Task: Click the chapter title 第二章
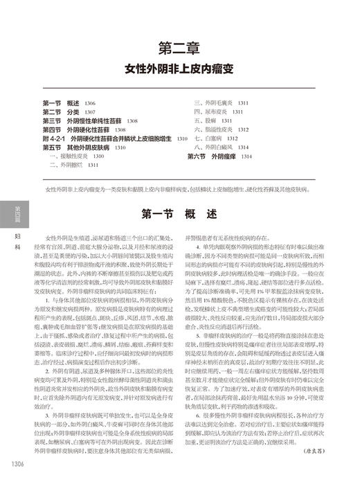179,48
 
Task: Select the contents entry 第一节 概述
69,103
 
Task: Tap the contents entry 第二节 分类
69,112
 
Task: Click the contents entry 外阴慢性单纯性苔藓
90,121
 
